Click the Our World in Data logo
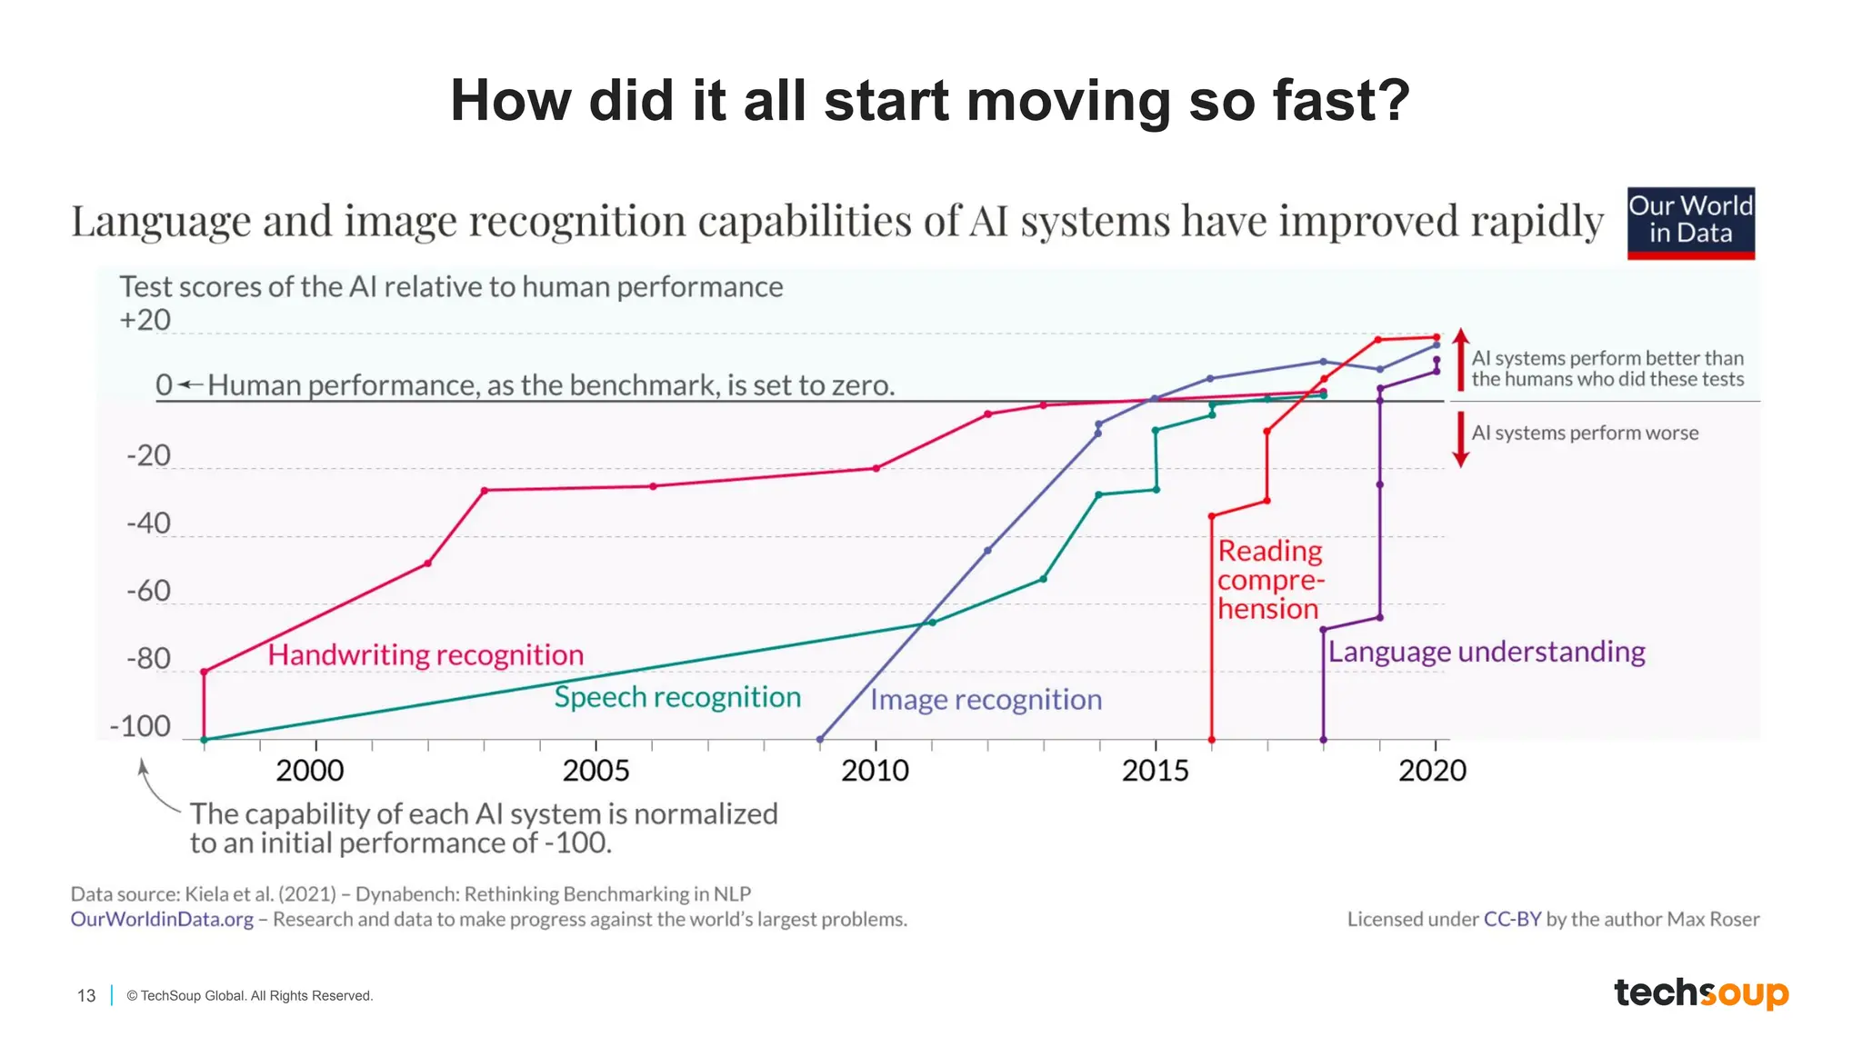tap(1690, 223)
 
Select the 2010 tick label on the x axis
tap(875, 771)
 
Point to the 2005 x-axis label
tap(596, 771)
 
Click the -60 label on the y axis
tap(148, 592)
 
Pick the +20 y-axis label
tap(145, 320)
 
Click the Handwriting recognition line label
tap(425, 654)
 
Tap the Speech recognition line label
tap(677, 697)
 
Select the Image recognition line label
tap(986, 700)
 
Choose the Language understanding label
tap(1487, 652)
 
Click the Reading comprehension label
tap(1270, 580)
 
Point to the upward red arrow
tap(1460, 358)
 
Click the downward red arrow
tap(1460, 440)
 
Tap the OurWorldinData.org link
tap(162, 919)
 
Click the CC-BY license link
tap(1512, 919)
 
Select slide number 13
tap(86, 996)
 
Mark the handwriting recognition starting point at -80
tap(204, 673)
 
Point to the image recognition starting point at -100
tap(820, 740)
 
